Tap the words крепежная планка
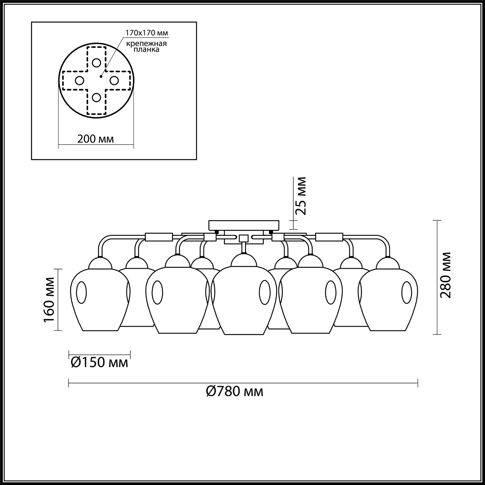coord(147,46)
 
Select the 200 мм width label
coord(95,139)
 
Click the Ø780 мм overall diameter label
coord(235,391)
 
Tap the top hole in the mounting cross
coord(97,63)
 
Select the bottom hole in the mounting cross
coord(97,97)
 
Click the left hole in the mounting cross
coord(79,80)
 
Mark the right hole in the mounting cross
coord(114,80)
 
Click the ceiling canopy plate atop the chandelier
coord(244,225)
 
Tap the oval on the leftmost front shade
coord(81,293)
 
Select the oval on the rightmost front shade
coord(407,292)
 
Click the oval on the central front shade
coord(264,292)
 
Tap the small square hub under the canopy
coord(243,238)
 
